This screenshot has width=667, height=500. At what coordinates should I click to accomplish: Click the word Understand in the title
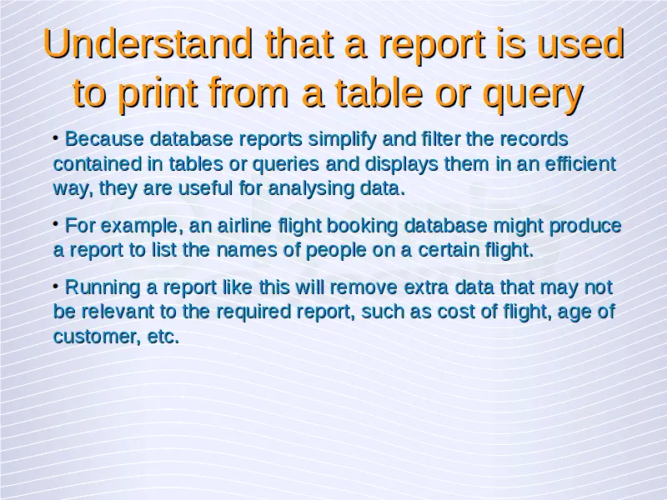pos(148,43)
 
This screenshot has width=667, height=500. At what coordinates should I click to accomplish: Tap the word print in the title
pos(158,92)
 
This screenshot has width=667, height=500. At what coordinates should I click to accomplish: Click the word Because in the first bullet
pos(104,139)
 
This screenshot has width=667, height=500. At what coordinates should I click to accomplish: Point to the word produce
pos(585,226)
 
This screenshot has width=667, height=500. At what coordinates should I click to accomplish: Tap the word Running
pos(103,287)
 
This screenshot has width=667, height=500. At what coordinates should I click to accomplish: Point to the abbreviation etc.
pos(163,337)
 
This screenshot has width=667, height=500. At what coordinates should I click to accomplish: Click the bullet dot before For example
pos(56,222)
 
